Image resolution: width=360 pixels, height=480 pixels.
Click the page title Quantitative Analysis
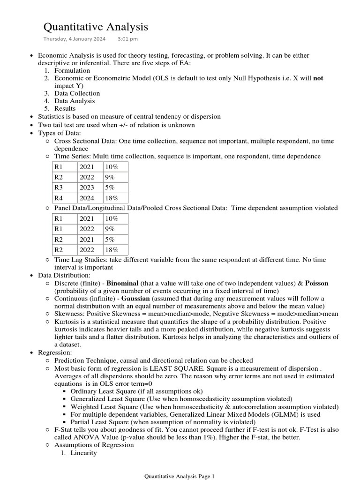(x=96, y=27)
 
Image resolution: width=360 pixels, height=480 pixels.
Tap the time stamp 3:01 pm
(x=127, y=39)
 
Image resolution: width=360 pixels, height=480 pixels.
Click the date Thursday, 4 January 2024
(x=75, y=39)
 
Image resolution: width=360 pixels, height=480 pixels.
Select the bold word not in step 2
(x=318, y=78)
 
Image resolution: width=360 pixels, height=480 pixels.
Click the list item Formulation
(x=72, y=71)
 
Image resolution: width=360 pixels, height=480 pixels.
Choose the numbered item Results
(x=65, y=108)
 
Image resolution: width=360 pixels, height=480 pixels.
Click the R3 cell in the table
(x=59, y=187)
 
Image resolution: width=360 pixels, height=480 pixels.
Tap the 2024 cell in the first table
(x=87, y=198)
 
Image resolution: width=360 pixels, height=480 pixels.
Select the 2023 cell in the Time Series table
(x=87, y=187)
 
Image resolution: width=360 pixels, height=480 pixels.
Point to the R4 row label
(x=59, y=198)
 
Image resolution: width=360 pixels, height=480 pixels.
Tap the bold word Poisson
(x=317, y=283)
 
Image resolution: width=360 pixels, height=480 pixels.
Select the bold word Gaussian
(x=138, y=298)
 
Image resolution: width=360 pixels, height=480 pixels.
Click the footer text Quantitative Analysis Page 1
(x=179, y=476)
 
